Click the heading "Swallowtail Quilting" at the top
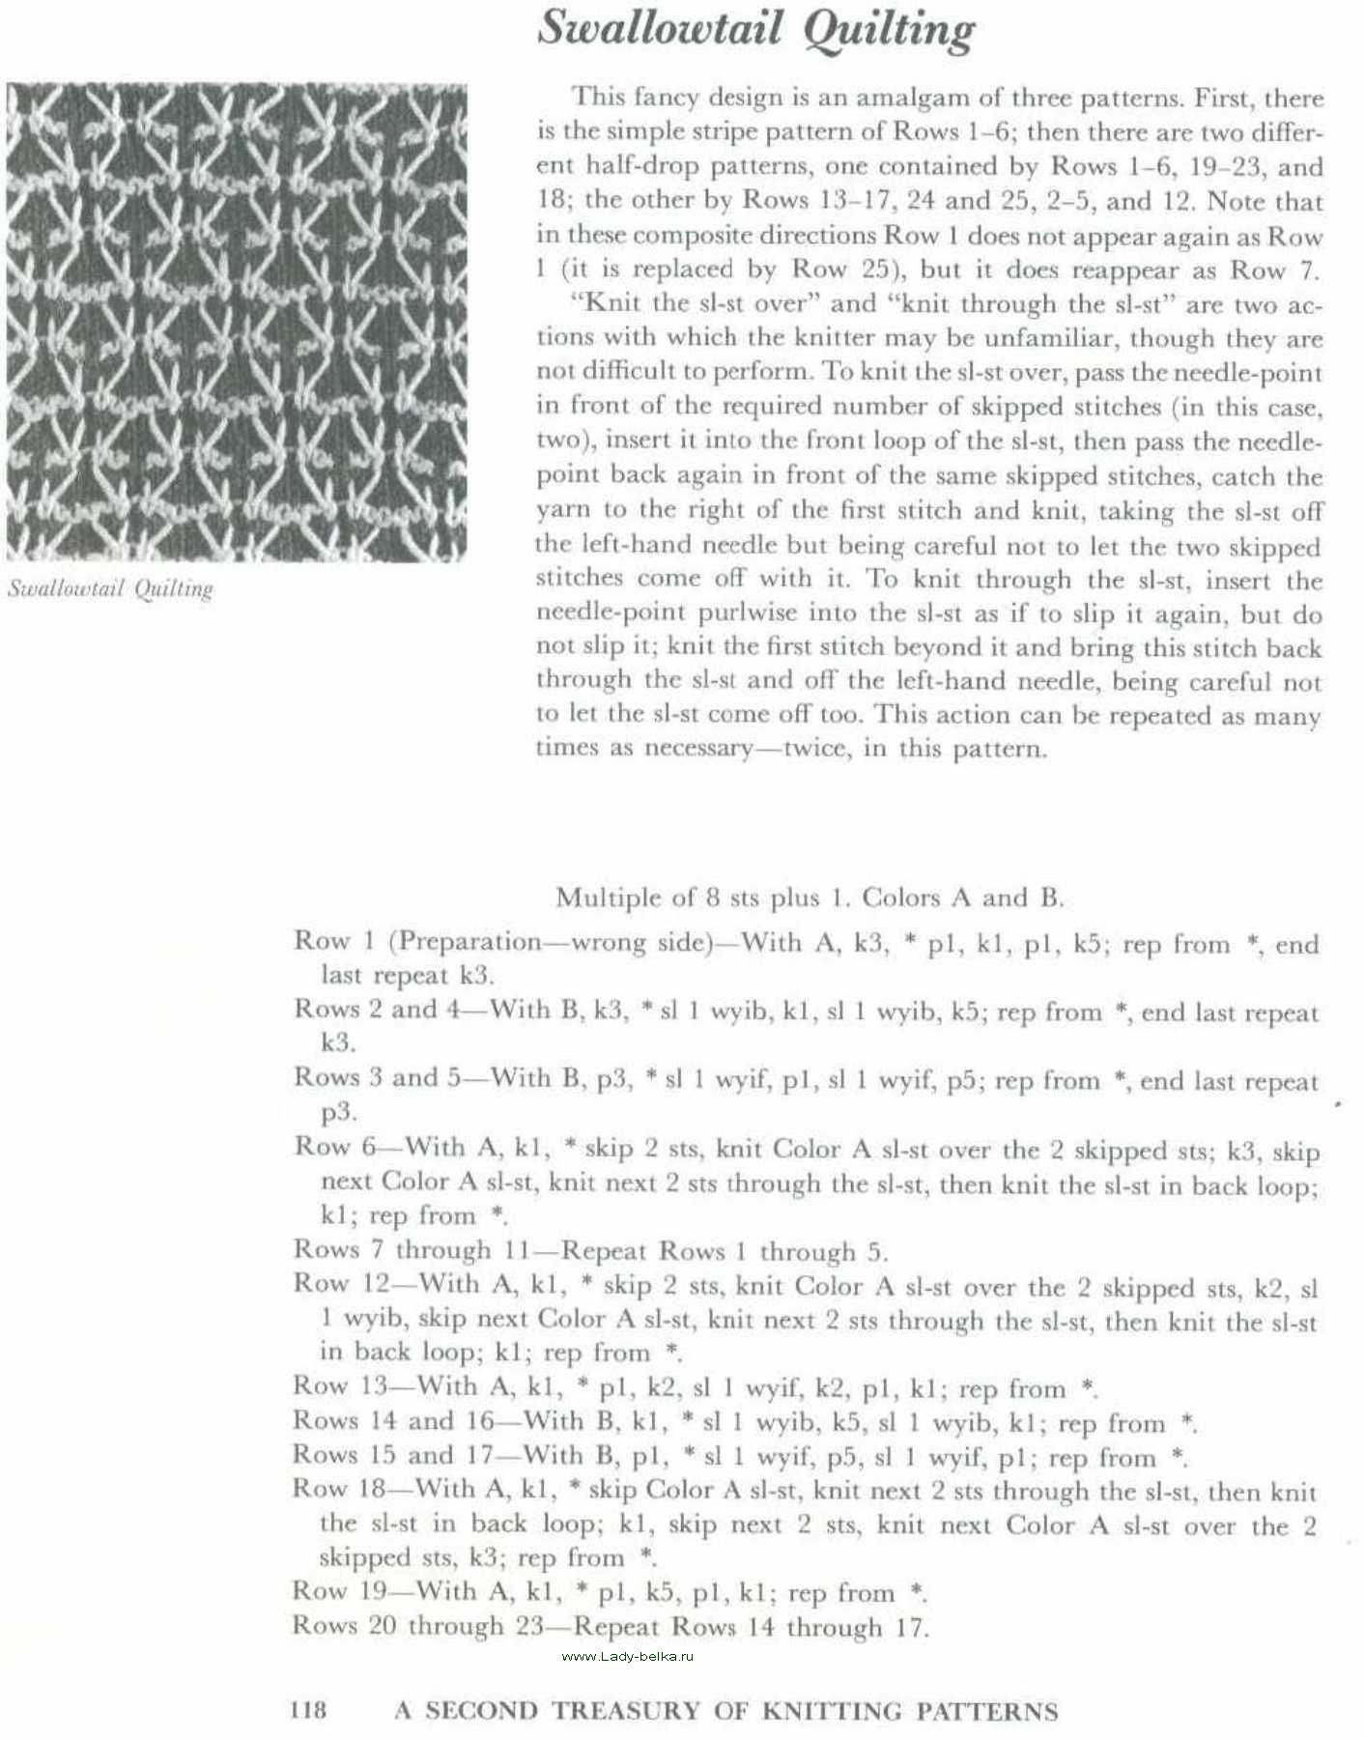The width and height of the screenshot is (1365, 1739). click(x=755, y=29)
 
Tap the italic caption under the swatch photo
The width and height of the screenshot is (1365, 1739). click(x=110, y=588)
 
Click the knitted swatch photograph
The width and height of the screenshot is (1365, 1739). click(x=237, y=323)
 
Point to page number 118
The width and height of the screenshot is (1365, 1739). click(x=308, y=1710)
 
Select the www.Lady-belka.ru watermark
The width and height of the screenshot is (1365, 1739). click(x=627, y=1656)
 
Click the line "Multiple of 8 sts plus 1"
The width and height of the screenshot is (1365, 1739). click(x=810, y=898)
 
